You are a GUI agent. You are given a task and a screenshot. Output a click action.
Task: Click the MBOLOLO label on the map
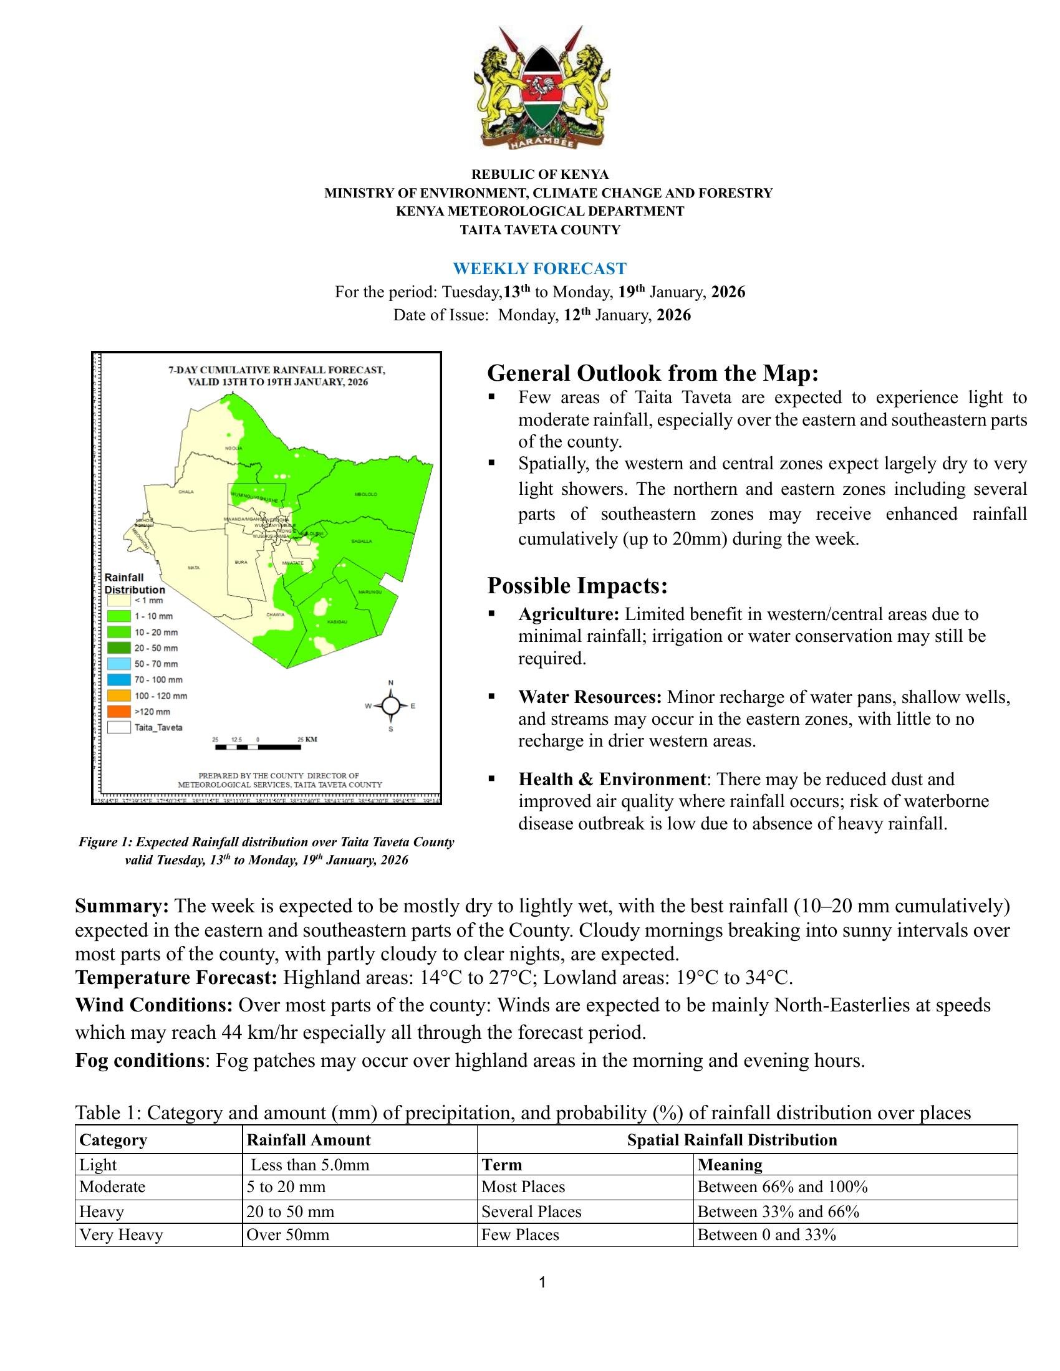pos(365,495)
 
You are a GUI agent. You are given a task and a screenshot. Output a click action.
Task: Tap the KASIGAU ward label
pos(337,621)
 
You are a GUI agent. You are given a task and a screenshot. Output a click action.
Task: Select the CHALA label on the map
pos(186,492)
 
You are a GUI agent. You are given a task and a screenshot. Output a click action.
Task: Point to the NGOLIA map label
pos(234,448)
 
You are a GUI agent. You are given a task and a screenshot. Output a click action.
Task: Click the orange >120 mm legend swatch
pos(118,711)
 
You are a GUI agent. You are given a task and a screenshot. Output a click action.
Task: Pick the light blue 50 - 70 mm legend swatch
pos(118,664)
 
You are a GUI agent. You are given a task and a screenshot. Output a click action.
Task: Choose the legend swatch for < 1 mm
pos(118,600)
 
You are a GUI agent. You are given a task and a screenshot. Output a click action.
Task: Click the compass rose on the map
pos(390,705)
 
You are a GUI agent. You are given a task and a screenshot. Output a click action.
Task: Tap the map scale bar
pos(258,747)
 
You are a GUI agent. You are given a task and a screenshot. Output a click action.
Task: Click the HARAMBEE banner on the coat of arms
pos(541,144)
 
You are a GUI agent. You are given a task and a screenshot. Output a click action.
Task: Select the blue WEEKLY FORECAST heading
pos(539,269)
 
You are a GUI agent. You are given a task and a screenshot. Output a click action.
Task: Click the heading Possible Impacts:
pos(577,586)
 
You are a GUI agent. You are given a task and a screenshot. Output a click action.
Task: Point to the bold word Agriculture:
pos(569,614)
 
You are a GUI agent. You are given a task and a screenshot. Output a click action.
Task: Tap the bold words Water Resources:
pos(590,697)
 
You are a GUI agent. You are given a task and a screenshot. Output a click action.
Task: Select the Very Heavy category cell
pos(121,1235)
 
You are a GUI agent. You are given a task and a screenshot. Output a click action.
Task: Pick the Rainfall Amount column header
pos(308,1140)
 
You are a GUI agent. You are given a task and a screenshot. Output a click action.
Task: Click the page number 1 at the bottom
pos(542,1283)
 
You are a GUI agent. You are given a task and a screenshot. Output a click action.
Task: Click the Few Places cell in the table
pos(520,1235)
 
